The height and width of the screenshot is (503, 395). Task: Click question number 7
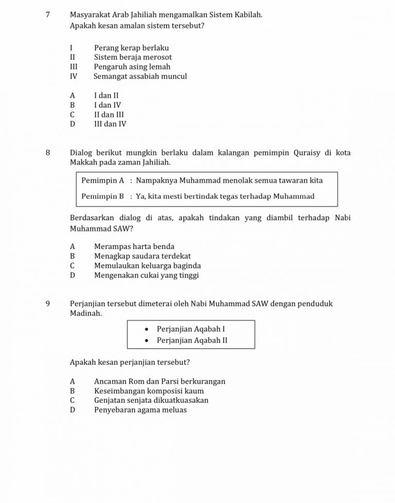47,15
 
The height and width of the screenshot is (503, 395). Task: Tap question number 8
47,153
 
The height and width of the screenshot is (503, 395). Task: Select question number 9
47,303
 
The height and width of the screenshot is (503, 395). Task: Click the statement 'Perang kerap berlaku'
131,48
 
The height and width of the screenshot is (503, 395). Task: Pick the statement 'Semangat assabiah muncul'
140,76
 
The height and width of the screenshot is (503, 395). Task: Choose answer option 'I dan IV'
107,105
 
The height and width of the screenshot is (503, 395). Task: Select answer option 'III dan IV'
110,124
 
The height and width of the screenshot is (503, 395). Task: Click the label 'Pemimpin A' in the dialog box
103,181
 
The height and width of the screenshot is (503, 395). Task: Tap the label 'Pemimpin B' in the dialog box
103,196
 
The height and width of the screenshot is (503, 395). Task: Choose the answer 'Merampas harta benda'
134,247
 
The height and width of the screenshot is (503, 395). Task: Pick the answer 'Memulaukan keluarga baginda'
147,266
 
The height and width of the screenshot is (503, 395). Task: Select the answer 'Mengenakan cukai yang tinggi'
146,275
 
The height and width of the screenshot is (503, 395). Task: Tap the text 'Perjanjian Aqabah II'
192,340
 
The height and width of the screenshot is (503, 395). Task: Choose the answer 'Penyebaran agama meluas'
140,410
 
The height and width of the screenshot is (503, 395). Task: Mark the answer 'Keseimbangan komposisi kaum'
149,391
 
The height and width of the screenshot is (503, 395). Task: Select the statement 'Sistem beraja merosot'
133,57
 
